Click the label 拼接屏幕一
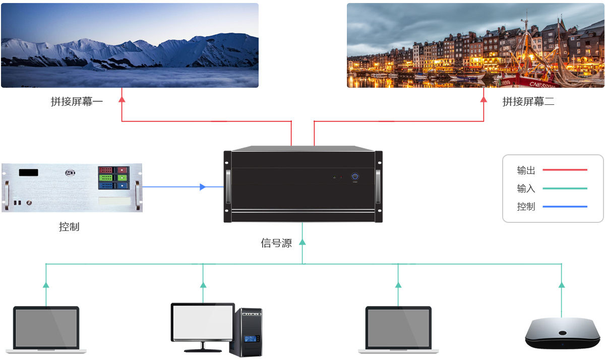[77, 102]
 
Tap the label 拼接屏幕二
[528, 102]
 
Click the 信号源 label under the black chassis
[276, 243]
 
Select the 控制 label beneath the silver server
[69, 227]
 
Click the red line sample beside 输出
[565, 170]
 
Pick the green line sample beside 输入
[565, 189]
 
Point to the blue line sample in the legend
[565, 207]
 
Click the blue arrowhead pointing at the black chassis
[203, 187]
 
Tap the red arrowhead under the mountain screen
[122, 99]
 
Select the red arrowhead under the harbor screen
[483, 99]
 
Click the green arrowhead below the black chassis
[302, 242]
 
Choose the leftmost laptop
[46, 329]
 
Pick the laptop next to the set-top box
[398, 329]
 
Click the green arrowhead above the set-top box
[561, 285]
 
